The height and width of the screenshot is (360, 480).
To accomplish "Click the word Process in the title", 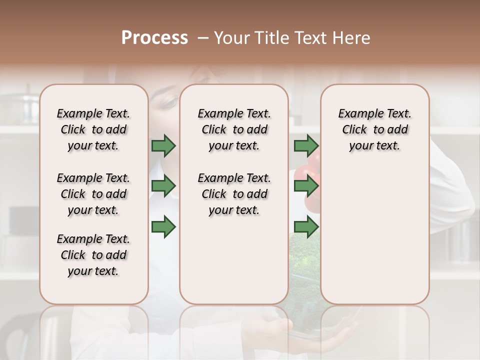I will (154, 38).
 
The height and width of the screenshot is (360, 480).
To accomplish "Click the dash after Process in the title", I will (203, 38).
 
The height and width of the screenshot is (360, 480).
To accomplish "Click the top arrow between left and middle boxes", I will (163, 146).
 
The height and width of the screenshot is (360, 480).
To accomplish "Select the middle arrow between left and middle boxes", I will (163, 186).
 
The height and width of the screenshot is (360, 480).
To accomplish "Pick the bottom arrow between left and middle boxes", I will (163, 227).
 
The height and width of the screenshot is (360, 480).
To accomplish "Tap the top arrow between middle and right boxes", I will (306, 146).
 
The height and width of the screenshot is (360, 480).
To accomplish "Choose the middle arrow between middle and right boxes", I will (306, 186).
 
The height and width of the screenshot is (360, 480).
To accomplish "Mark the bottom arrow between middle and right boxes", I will (306, 227).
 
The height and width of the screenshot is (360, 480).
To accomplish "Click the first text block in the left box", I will (93, 129).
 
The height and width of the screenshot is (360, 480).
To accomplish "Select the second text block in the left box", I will (93, 194).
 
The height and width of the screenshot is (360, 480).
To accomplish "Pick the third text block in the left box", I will (93, 255).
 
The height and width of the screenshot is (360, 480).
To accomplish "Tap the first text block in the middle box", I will (234, 129).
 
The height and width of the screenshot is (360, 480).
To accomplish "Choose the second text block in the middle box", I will (234, 194).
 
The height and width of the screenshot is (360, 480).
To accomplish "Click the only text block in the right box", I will (374, 129).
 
